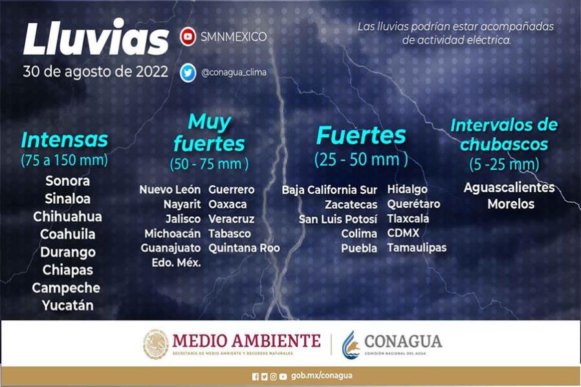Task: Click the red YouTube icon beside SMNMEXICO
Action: tap(188, 36)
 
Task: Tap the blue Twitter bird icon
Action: tap(188, 72)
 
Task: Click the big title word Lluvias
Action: tap(96, 38)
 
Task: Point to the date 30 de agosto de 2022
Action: tap(96, 72)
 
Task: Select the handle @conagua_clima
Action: tap(234, 72)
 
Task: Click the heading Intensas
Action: tap(65, 140)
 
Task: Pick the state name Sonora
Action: tap(67, 181)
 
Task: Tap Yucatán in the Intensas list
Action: tap(67, 305)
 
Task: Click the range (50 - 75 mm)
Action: tap(210, 164)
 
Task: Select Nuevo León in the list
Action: tap(170, 190)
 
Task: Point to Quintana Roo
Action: tap(244, 248)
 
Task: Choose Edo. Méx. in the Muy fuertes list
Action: tap(176, 263)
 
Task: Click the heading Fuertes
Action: tap(361, 135)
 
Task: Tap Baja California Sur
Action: tap(329, 190)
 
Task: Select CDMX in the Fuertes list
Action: tap(403, 233)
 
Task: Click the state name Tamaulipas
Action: tap(417, 248)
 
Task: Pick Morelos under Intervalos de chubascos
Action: tap(511, 204)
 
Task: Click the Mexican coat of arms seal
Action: tap(156, 344)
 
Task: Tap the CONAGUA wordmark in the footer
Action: tap(403, 341)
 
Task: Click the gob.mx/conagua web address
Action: tap(322, 376)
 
